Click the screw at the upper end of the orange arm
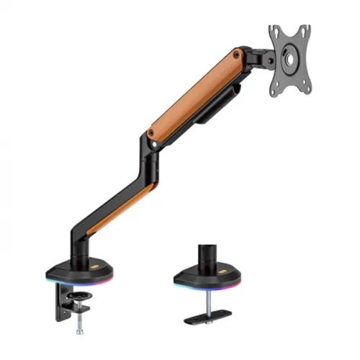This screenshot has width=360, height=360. (x=237, y=53)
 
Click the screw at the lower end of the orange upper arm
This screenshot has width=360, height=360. (x=150, y=133)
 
